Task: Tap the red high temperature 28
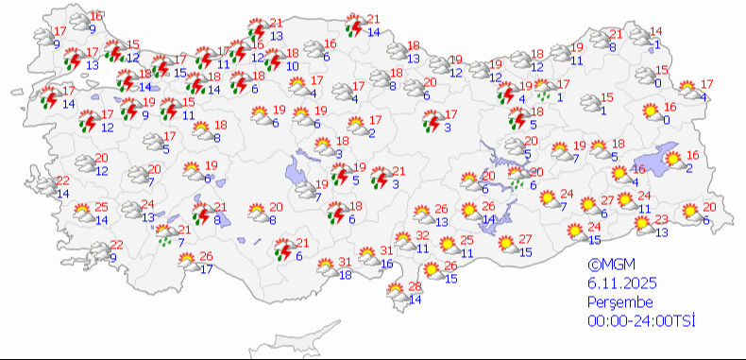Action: (413, 287)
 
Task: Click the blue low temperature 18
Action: (346, 274)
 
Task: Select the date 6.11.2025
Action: (622, 283)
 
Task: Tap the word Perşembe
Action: (619, 301)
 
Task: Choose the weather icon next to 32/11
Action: (400, 244)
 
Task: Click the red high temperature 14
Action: (657, 32)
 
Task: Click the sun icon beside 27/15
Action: (505, 246)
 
